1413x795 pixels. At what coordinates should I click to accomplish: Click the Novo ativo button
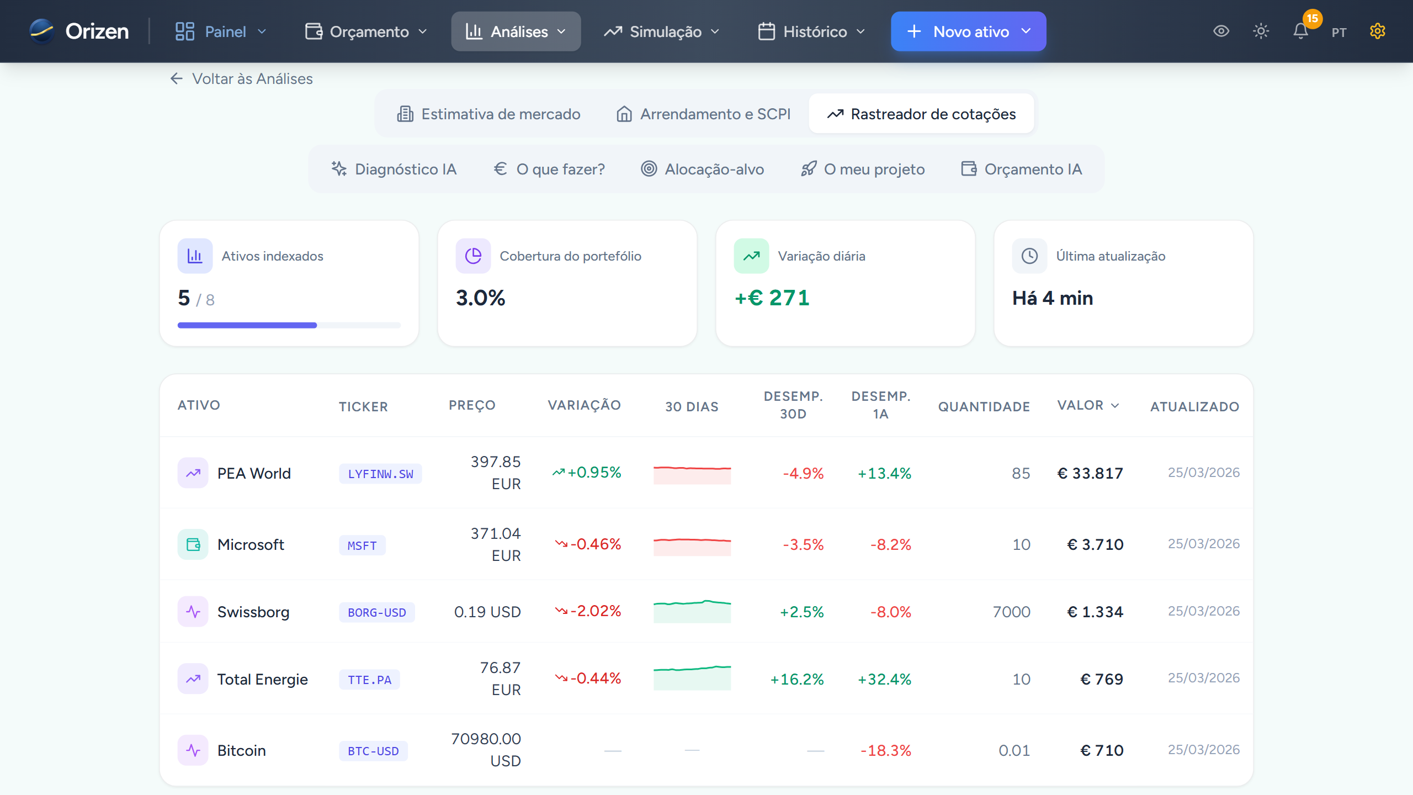point(968,31)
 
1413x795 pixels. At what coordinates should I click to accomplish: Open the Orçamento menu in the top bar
point(366,31)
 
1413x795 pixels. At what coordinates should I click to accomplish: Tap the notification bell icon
point(1300,31)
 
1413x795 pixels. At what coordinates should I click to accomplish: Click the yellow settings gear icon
point(1377,31)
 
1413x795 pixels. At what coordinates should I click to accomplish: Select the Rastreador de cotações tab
point(921,114)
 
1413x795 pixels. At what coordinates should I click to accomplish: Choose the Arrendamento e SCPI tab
point(703,114)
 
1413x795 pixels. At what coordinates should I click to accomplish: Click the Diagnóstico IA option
point(394,169)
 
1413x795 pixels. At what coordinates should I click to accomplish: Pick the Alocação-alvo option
point(703,169)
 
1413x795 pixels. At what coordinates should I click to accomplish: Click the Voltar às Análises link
point(242,79)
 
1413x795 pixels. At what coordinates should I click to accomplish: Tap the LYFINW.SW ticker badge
point(380,474)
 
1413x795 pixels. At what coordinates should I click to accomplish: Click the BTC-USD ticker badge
point(373,751)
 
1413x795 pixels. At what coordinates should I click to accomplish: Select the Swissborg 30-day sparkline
point(692,611)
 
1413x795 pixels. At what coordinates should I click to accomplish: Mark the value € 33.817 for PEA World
point(1090,473)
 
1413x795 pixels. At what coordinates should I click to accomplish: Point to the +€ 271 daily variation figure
point(772,298)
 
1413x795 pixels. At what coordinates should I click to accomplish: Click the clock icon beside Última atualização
point(1029,256)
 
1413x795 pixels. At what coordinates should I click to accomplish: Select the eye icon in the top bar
point(1221,31)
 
